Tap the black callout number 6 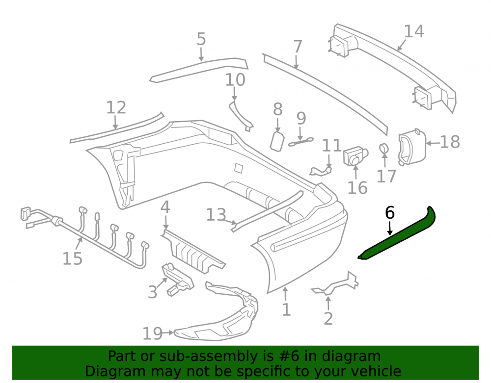(389, 213)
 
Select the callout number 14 (414, 31)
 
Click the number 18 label (450, 142)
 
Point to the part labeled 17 (383, 149)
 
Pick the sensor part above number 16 (355, 156)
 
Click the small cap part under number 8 (277, 141)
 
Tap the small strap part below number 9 (301, 142)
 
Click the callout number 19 (152, 333)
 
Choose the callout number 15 (72, 259)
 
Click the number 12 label (116, 107)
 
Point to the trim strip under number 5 (198, 70)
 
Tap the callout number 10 (235, 80)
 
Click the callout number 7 (298, 47)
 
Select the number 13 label (216, 215)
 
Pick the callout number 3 (153, 292)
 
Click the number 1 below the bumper (286, 310)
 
